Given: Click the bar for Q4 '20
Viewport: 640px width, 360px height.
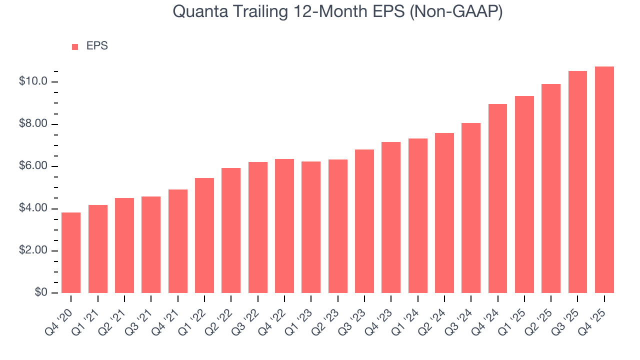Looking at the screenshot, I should click(x=71, y=252).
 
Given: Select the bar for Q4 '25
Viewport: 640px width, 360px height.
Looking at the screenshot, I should click(x=604, y=179).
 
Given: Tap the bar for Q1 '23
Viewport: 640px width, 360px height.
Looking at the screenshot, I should click(x=311, y=227).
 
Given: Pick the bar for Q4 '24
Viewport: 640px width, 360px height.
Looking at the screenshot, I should click(x=498, y=198).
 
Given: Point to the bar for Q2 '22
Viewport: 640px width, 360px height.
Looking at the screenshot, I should click(x=231, y=230).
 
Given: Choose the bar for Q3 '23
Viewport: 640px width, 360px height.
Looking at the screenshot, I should click(x=364, y=221).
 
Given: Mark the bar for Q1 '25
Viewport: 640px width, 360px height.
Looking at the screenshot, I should click(x=524, y=194).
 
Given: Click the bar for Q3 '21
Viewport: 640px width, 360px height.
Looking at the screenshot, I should click(x=151, y=244).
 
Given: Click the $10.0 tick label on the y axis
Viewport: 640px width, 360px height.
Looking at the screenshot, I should click(x=33, y=81).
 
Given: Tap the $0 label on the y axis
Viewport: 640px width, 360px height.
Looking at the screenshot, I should click(x=41, y=292).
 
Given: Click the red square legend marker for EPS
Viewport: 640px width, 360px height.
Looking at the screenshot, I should click(x=75, y=46).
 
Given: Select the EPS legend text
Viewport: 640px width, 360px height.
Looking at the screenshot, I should click(x=97, y=46).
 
